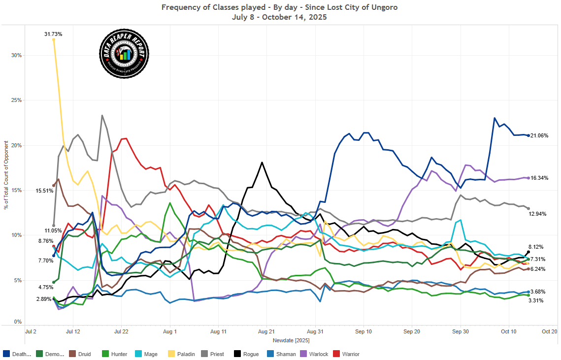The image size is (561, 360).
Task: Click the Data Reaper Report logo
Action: point(124,54)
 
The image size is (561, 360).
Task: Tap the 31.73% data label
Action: point(53,34)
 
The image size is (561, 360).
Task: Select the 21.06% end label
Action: point(540,135)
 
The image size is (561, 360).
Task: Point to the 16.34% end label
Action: point(540,178)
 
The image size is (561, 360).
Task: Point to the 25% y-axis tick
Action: point(16,100)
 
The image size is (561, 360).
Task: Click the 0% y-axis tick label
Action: point(18,322)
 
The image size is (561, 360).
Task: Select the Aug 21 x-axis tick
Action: point(266,332)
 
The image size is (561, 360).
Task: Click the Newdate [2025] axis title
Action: point(291,340)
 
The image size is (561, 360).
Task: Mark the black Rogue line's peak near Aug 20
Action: point(262,162)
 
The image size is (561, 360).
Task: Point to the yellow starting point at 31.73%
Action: point(53,39)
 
